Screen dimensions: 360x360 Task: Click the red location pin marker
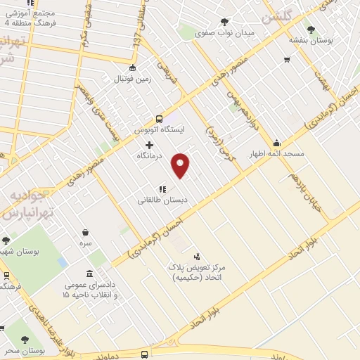coord(181,165)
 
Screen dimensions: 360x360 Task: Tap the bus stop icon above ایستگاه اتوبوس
coord(159,119)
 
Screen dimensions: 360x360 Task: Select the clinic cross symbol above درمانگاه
coord(149,145)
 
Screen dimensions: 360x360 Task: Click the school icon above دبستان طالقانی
coord(162,188)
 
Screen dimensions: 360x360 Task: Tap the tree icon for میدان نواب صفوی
coord(224,22)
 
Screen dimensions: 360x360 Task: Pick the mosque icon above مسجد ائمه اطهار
coord(277,143)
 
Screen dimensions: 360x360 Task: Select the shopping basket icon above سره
coord(85,232)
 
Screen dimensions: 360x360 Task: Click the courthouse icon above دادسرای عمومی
coord(89,274)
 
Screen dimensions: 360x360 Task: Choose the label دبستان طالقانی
coord(162,200)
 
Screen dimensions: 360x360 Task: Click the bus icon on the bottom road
coord(144,354)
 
